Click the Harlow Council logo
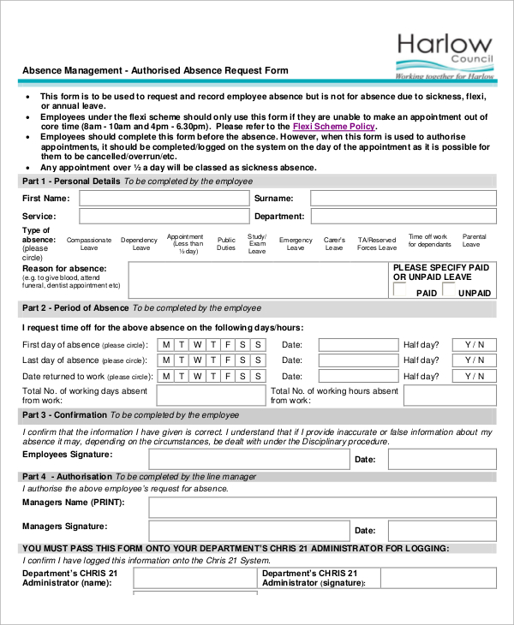pos(445,55)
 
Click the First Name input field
pos(163,198)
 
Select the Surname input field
pos(403,198)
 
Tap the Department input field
pos(403,217)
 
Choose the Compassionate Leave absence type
pos(89,244)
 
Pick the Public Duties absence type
pos(226,244)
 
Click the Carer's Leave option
pos(334,244)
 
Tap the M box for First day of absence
pos(165,345)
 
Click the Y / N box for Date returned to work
pos(475,377)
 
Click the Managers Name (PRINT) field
pos(321,507)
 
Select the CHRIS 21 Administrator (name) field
pos(195,579)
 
